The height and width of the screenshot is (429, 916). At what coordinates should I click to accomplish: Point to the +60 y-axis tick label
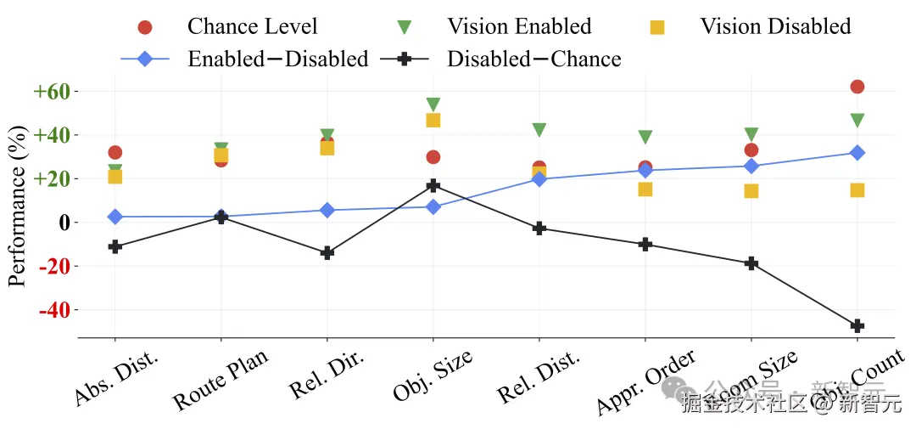(x=53, y=91)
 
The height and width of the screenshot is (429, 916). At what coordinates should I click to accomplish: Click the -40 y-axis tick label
(x=55, y=310)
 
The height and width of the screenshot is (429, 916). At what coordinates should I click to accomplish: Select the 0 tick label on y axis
(x=62, y=223)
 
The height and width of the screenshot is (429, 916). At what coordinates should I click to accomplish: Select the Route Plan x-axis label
(x=220, y=380)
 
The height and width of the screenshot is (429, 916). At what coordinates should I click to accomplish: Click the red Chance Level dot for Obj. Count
(x=857, y=87)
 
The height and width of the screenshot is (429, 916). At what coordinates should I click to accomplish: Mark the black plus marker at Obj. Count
(x=857, y=326)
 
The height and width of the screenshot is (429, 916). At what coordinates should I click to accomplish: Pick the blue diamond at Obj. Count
(x=857, y=153)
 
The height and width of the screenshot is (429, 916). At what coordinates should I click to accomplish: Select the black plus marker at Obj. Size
(x=433, y=185)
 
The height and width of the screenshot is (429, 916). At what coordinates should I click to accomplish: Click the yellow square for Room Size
(x=751, y=191)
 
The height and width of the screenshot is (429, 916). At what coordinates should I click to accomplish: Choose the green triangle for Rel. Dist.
(x=539, y=130)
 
